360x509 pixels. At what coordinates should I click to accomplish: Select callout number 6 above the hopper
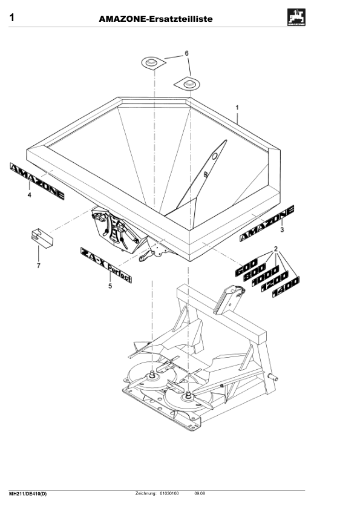(186, 54)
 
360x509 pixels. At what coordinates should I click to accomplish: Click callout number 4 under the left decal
(28, 195)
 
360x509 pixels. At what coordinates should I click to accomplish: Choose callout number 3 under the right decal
(281, 230)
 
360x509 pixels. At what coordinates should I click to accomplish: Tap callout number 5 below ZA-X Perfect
(110, 286)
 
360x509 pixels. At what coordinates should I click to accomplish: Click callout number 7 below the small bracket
(39, 265)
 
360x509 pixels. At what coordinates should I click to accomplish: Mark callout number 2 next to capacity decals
(276, 249)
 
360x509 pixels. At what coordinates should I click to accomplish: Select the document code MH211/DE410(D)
(28, 494)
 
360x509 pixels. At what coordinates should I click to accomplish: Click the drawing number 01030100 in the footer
(169, 494)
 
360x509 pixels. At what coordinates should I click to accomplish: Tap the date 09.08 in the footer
(200, 494)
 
